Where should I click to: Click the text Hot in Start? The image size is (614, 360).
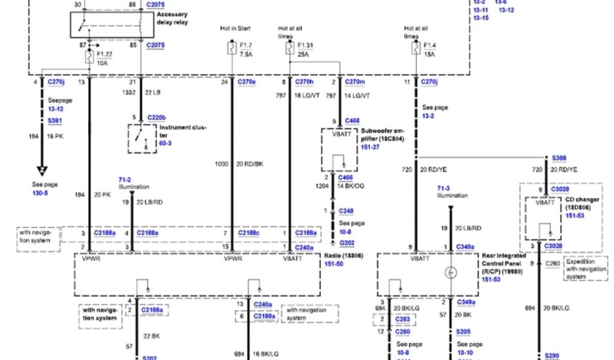click(x=235, y=28)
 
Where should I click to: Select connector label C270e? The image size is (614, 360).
click(x=246, y=82)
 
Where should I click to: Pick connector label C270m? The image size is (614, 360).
click(x=355, y=82)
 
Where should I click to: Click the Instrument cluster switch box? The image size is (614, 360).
click(x=142, y=138)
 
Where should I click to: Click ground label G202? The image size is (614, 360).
click(x=347, y=242)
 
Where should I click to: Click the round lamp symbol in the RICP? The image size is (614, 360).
click(x=451, y=273)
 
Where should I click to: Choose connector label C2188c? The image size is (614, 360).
click(x=248, y=232)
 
